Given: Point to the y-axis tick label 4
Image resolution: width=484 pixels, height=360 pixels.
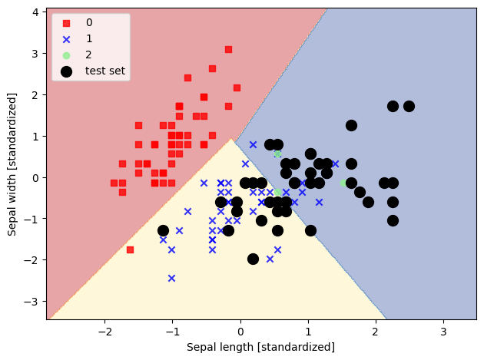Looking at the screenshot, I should point(36,12).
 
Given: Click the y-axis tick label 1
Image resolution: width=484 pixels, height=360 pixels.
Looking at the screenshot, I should point(36,136).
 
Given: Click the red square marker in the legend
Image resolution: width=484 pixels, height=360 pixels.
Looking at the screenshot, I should point(67,23).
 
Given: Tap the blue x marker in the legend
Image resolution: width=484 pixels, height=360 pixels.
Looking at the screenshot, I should point(67,39).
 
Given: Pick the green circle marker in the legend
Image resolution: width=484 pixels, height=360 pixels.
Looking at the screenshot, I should point(67,55).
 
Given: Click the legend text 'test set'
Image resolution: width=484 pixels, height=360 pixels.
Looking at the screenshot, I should point(105,71).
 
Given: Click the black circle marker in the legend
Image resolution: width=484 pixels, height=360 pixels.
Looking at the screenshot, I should point(67,71).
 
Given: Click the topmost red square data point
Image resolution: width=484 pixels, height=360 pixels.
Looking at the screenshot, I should point(228,49).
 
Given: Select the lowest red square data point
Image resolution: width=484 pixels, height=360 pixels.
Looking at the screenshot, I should point(130,249).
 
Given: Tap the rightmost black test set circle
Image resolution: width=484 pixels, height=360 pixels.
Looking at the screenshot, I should point(409,106).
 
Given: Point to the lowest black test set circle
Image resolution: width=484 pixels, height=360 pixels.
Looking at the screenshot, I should point(253,259).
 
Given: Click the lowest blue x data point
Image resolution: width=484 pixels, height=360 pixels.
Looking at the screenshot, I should point(171,278).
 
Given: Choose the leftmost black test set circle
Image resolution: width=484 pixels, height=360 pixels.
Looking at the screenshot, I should point(163,230).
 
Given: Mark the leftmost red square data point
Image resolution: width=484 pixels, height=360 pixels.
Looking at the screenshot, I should point(114,183).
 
